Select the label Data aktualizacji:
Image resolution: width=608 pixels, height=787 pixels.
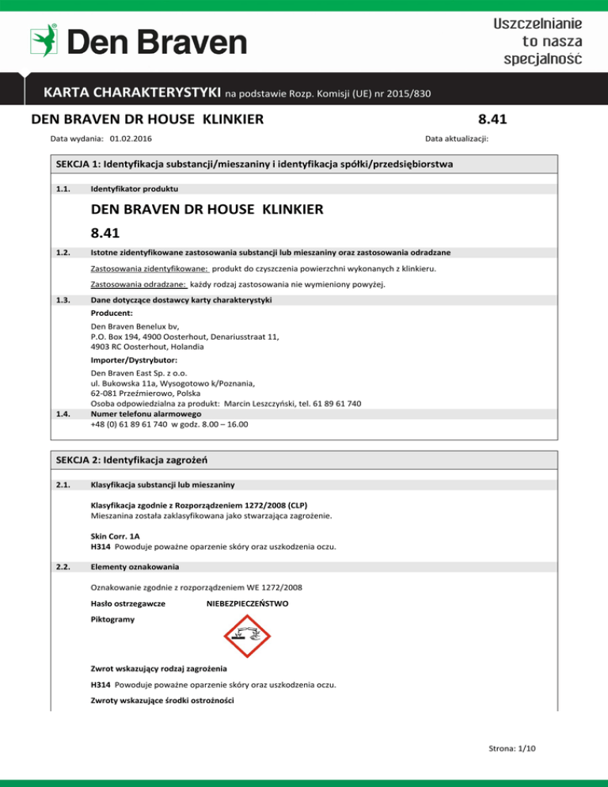[x=457, y=138]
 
